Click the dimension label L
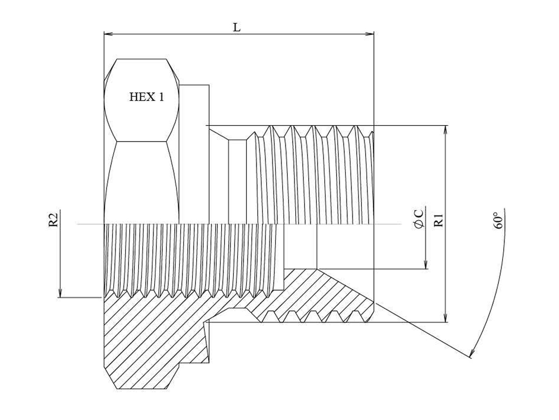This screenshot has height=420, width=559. (x=237, y=27)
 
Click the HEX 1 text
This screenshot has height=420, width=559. (x=146, y=97)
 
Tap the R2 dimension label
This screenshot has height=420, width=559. (x=53, y=220)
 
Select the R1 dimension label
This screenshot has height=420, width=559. (x=438, y=220)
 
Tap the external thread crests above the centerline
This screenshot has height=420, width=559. (x=314, y=175)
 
